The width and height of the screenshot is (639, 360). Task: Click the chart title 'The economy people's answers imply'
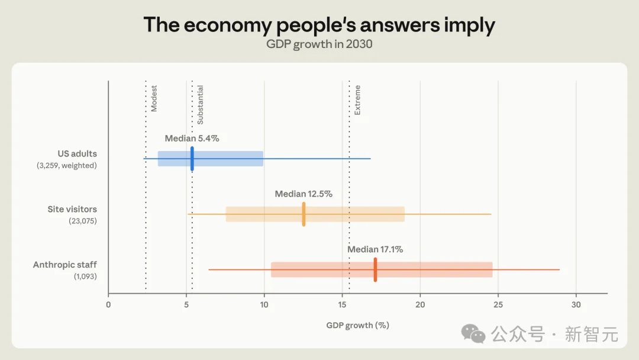(x=319, y=25)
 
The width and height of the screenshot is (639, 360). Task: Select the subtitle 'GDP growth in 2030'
(x=319, y=44)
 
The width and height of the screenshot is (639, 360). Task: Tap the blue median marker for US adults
(x=192, y=159)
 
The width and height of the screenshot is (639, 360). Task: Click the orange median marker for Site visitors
(x=304, y=214)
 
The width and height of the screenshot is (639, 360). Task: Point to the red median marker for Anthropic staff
(x=375, y=269)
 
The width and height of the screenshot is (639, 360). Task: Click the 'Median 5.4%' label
(x=192, y=139)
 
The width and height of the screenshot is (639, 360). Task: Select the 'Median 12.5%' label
(x=304, y=194)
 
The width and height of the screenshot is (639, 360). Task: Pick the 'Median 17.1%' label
(x=375, y=249)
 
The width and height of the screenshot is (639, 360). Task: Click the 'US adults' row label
(x=77, y=154)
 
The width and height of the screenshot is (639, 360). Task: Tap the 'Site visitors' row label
(x=72, y=209)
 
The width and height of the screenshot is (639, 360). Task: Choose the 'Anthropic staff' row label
(x=65, y=265)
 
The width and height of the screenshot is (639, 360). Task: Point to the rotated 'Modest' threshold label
(x=154, y=98)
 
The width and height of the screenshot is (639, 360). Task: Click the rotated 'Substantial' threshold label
(x=200, y=105)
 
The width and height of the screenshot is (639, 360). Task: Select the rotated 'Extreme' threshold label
(x=357, y=100)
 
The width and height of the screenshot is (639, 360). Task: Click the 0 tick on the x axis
(x=108, y=304)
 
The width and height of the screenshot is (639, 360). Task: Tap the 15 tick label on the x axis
(x=342, y=304)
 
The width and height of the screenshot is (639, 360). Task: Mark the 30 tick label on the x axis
(x=576, y=304)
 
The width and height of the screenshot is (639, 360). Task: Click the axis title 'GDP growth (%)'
(x=358, y=325)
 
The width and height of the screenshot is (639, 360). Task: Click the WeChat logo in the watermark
(x=473, y=334)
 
